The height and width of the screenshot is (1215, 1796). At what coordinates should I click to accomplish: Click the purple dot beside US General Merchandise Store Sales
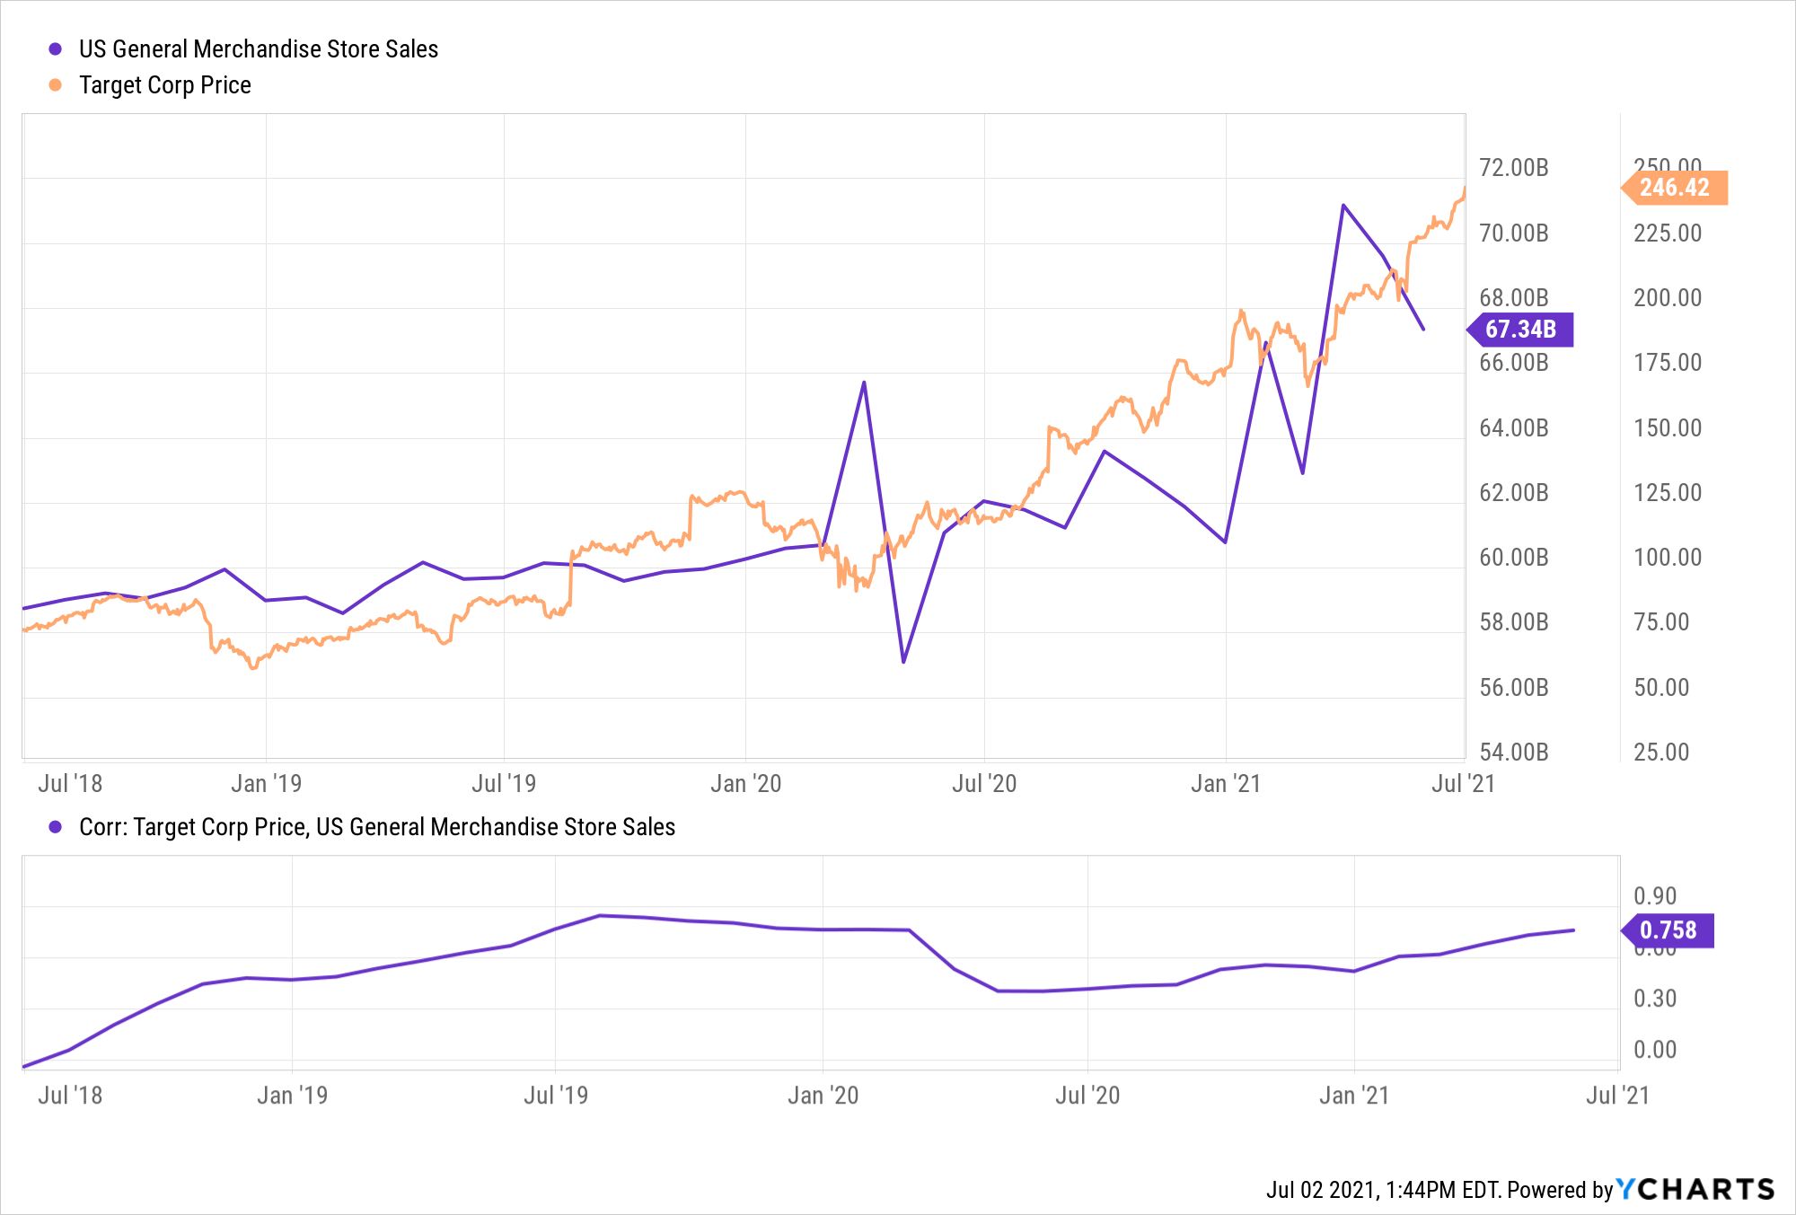tap(56, 49)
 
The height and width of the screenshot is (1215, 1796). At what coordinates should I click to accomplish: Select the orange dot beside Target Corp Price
tap(56, 85)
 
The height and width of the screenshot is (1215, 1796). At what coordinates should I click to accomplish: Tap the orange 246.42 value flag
tap(1675, 188)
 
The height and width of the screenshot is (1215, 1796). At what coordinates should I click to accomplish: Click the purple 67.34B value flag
tap(1520, 330)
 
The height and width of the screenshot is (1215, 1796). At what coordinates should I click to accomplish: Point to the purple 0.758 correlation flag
tap(1668, 930)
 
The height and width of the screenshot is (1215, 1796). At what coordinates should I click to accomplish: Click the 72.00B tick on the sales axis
tap(1514, 168)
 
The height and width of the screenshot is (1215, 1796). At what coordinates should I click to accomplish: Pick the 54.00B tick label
tap(1514, 753)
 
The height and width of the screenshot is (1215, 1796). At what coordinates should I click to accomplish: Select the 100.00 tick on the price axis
tap(1668, 558)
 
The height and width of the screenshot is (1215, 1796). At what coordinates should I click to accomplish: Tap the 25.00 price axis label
tap(1661, 753)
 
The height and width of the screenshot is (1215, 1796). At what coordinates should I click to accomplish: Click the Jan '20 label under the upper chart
tap(745, 784)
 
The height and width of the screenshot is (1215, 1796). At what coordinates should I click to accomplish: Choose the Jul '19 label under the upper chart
tap(504, 784)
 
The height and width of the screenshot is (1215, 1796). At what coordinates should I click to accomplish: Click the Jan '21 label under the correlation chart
tap(1353, 1096)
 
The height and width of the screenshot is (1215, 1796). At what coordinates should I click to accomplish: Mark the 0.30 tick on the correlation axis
tap(1655, 999)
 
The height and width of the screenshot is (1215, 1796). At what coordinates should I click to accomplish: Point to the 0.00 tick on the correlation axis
tap(1655, 1050)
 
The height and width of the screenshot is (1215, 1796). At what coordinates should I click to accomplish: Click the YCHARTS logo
tap(1695, 1190)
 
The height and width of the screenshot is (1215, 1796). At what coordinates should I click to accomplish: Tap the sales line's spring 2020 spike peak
tap(864, 383)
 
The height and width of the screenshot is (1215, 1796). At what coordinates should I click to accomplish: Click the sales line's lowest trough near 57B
tap(903, 663)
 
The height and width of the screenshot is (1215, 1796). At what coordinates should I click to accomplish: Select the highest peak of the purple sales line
tap(1343, 205)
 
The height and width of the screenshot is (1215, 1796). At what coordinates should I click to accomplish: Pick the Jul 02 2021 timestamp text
tap(1321, 1191)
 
